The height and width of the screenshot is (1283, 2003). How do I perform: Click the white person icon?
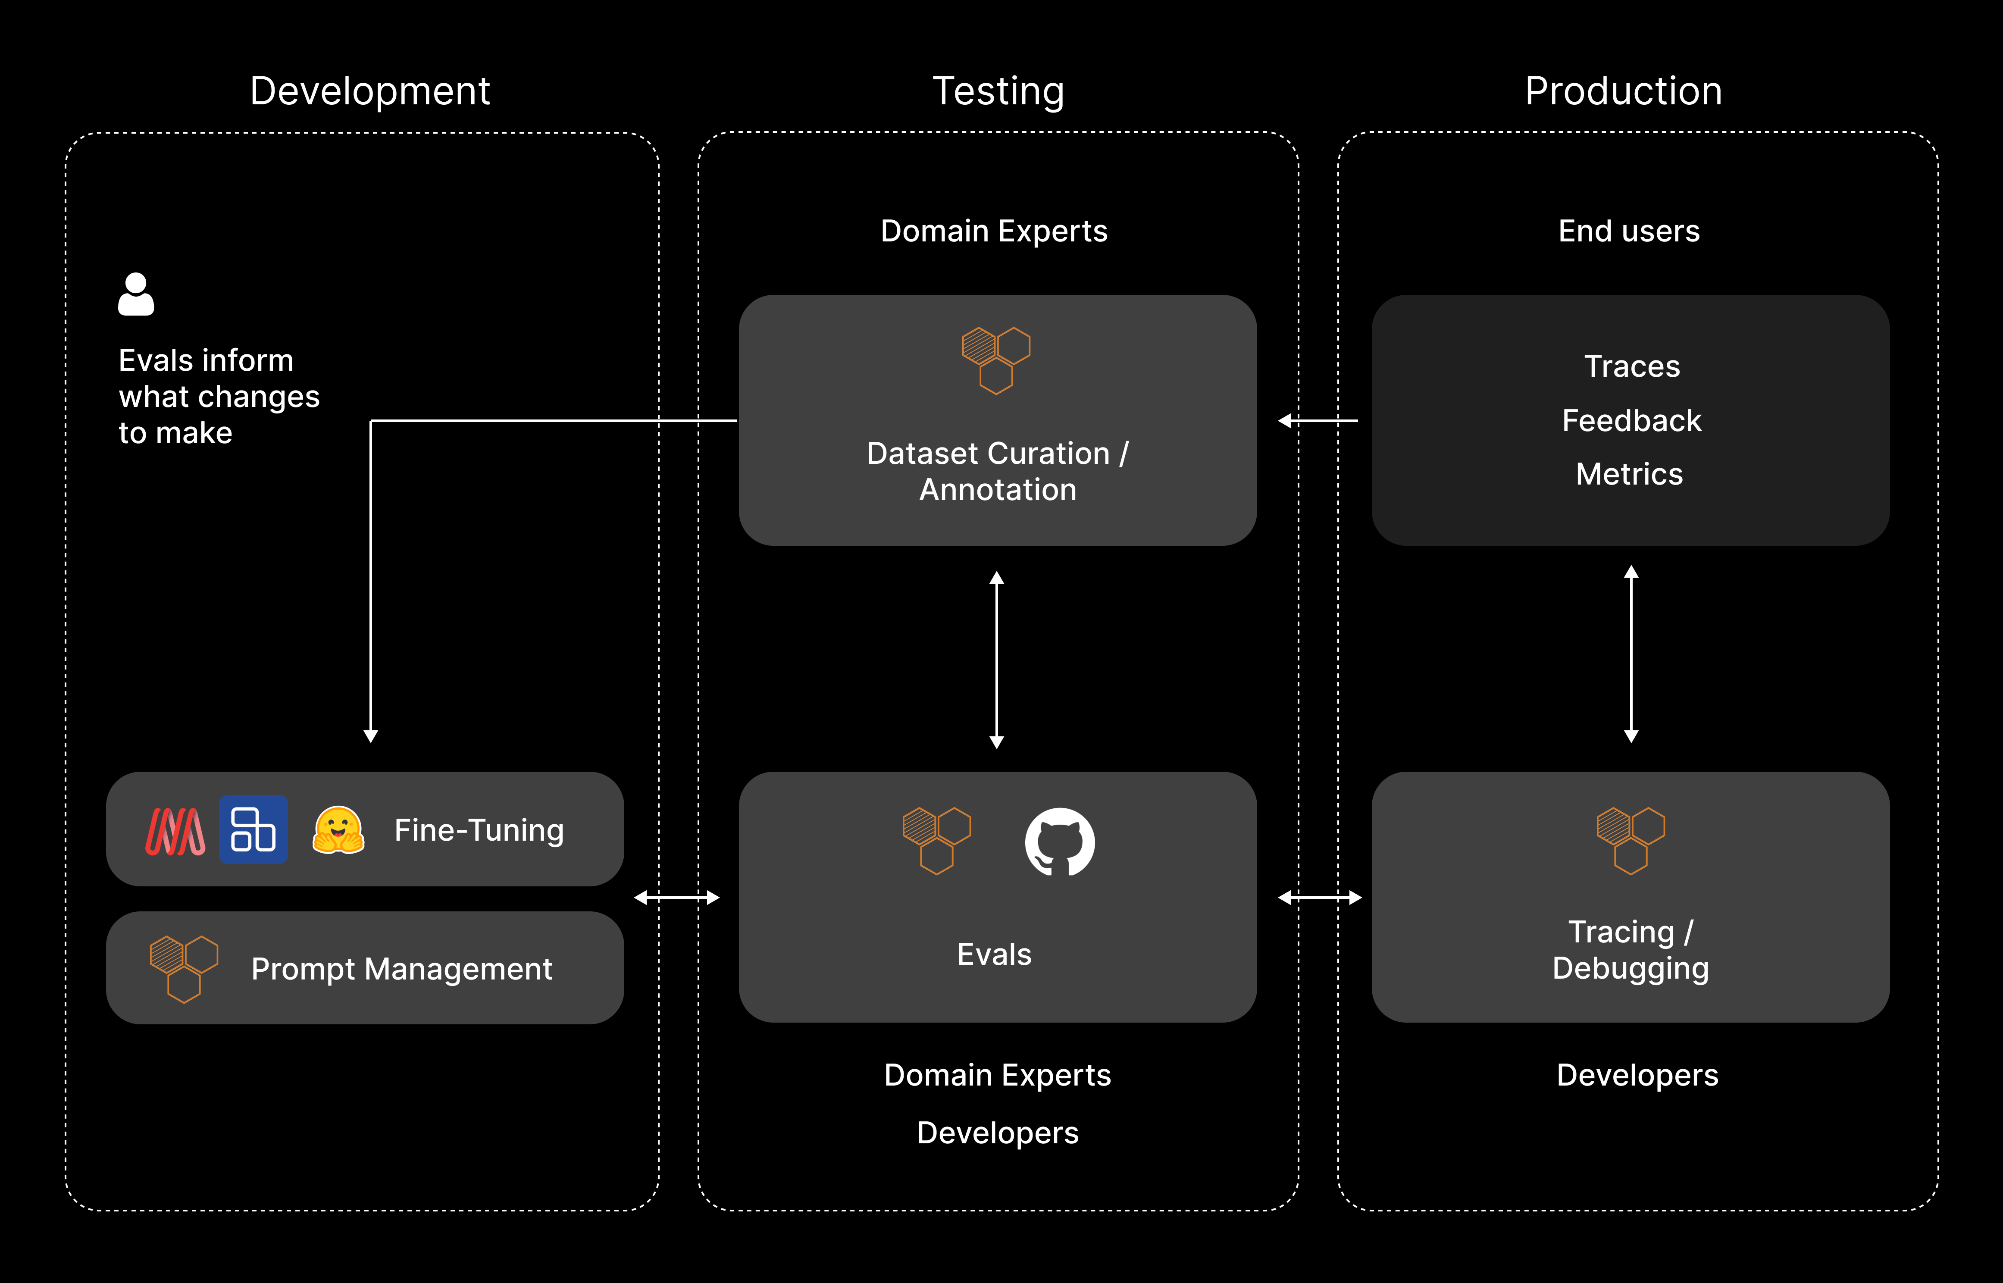tap(136, 294)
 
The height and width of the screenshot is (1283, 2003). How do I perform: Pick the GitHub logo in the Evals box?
tap(1060, 842)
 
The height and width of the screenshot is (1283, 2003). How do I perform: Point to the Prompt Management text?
tap(402, 969)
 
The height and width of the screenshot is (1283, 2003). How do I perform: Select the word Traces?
tap(1631, 366)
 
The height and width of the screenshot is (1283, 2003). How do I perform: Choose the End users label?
tap(1629, 231)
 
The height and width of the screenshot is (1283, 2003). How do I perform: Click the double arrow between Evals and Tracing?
tap(1320, 897)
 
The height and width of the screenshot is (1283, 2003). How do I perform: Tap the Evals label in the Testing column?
tap(994, 954)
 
